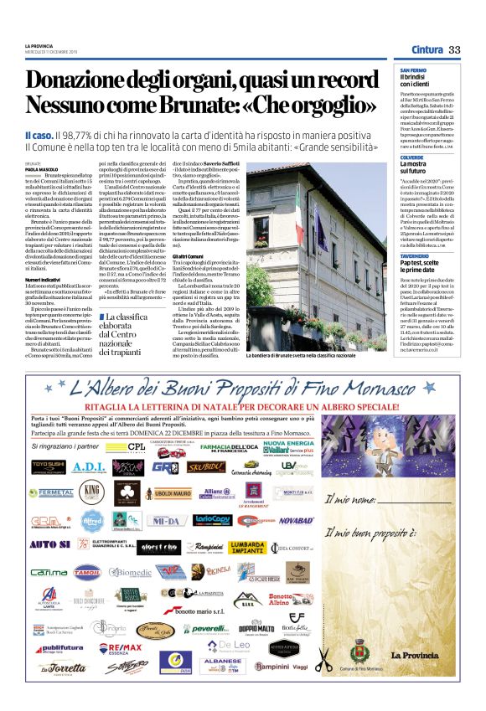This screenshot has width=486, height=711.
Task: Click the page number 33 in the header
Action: point(454,50)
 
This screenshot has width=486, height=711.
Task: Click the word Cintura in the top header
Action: point(427,50)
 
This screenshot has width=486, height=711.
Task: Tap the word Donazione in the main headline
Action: point(76,80)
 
